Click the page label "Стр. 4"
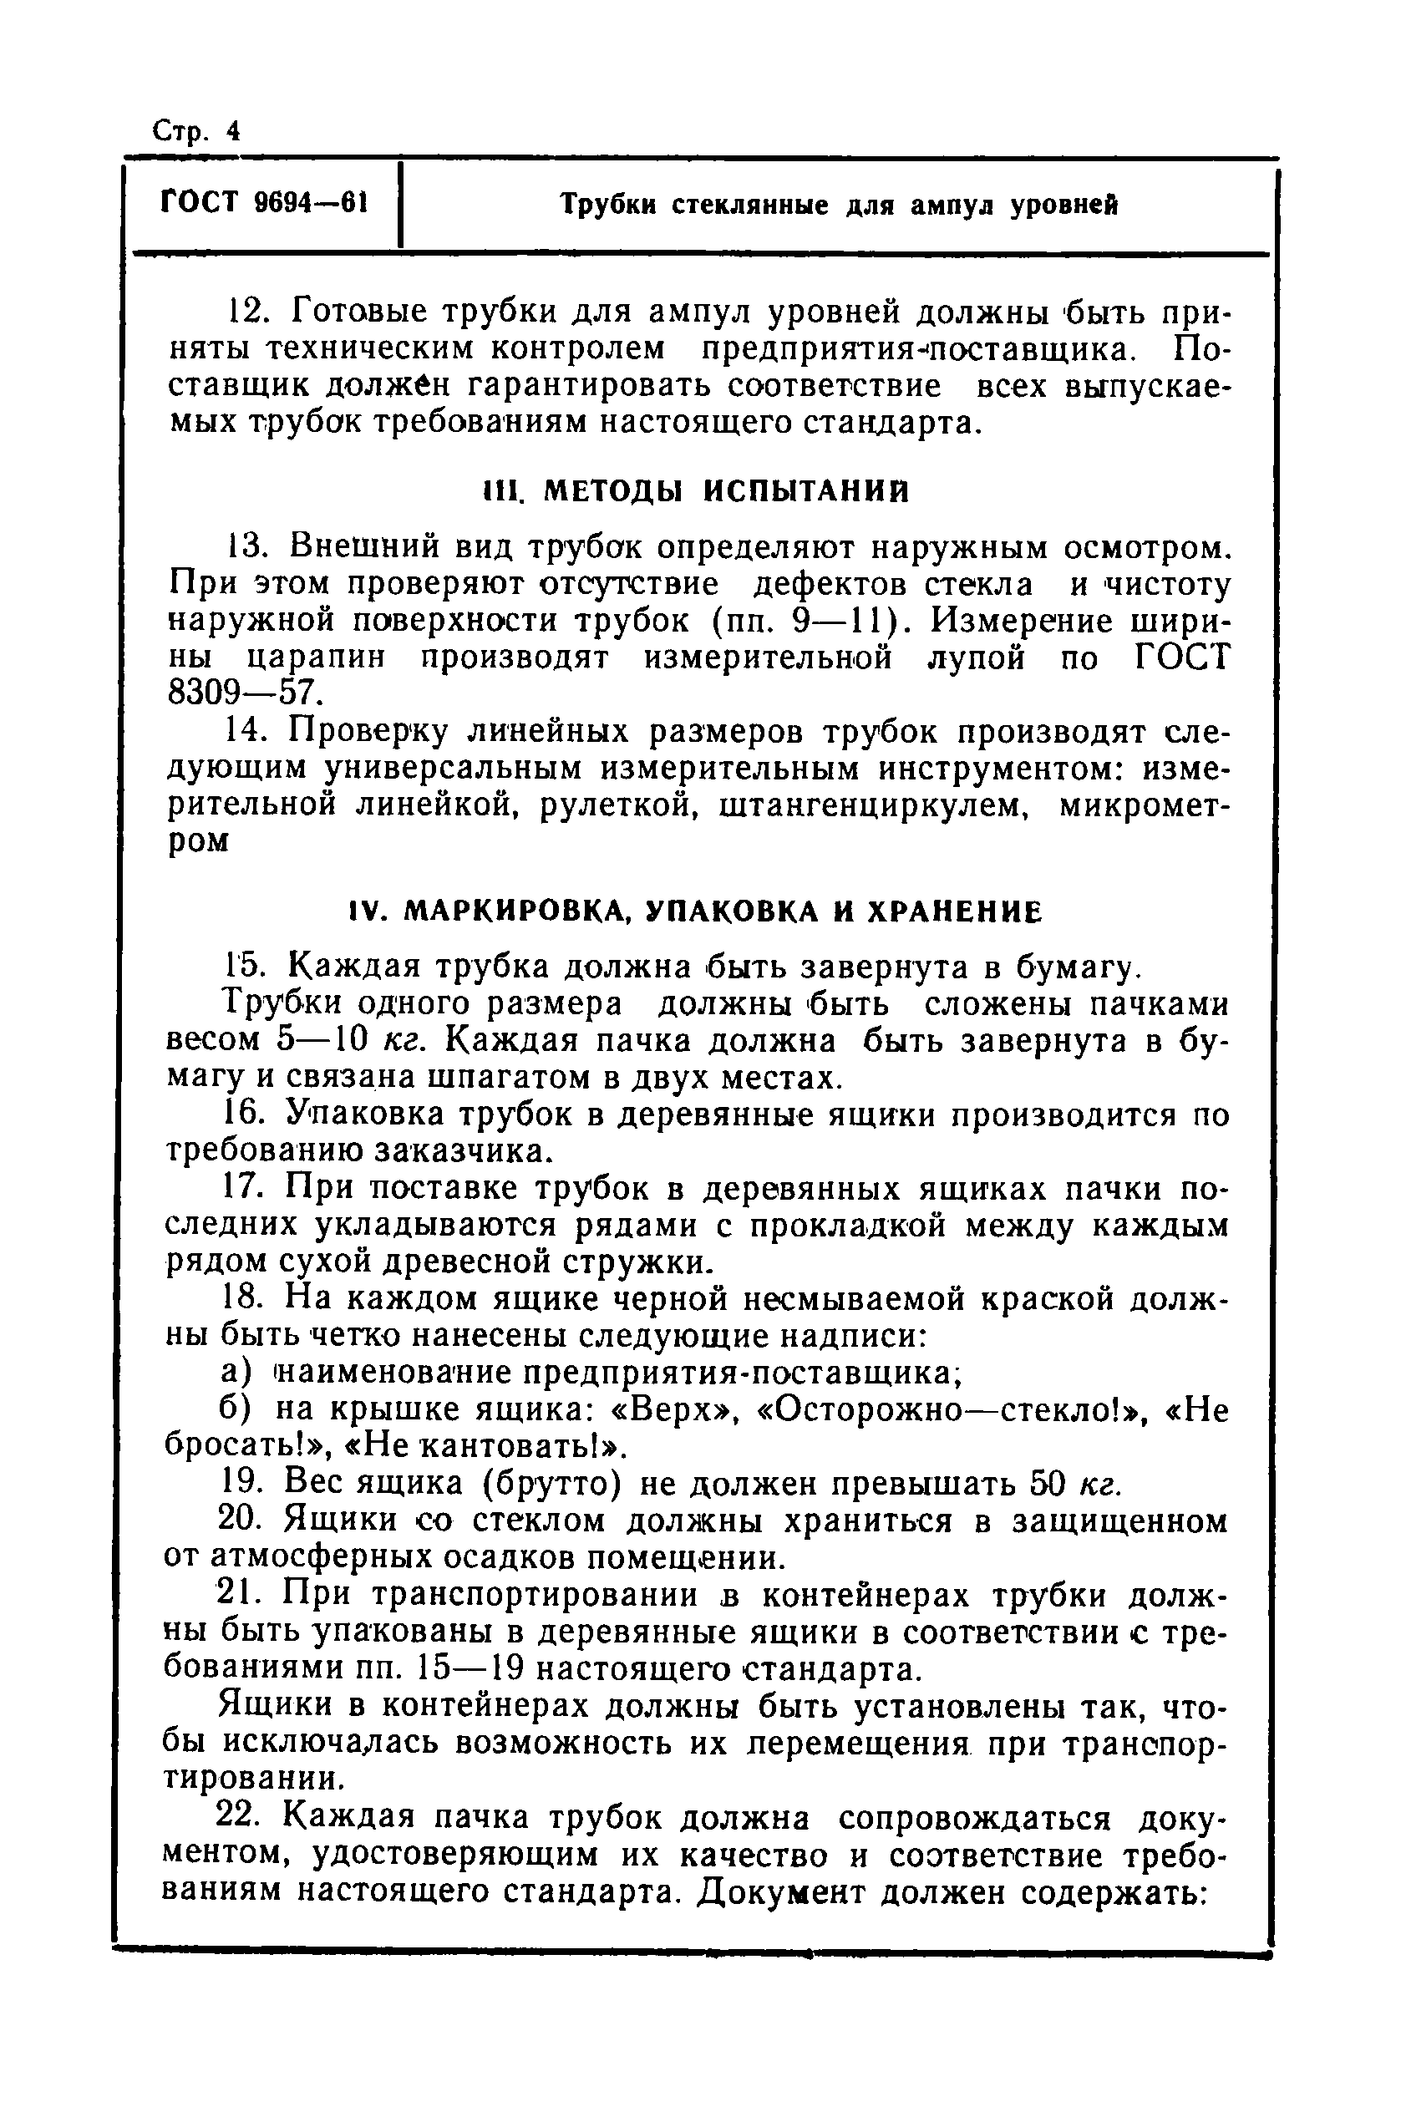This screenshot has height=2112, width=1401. point(195,131)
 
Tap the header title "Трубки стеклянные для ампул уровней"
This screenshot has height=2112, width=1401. point(839,206)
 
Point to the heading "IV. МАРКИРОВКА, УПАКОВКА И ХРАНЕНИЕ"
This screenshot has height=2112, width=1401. point(695,911)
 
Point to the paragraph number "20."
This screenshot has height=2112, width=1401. point(243,1521)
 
